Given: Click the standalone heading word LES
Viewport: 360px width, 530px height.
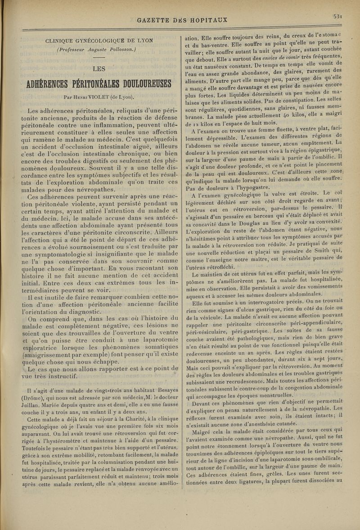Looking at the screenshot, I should [99, 69].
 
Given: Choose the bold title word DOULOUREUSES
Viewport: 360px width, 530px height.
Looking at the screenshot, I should [143, 84].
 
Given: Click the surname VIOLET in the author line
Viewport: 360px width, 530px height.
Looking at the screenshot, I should [105, 96].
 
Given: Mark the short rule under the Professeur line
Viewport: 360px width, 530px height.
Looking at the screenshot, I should [99, 58].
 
